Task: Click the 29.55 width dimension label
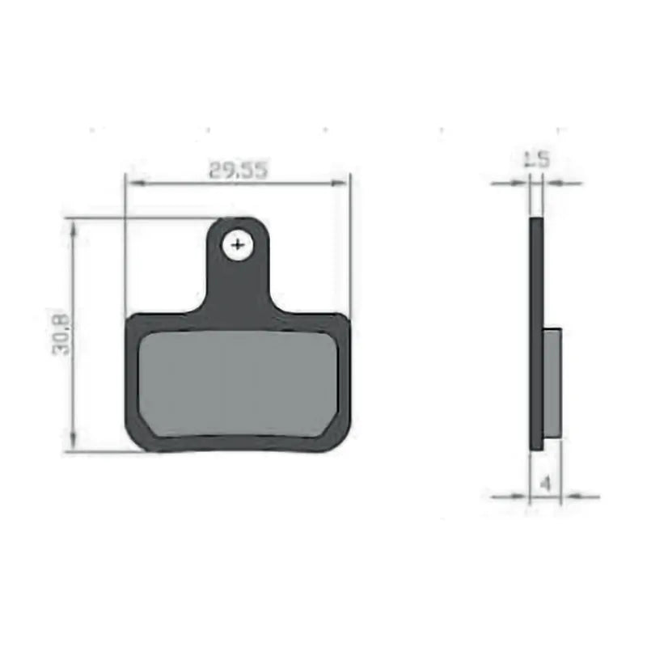(238, 171)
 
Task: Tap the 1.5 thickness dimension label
(536, 159)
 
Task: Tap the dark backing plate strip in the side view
(536, 332)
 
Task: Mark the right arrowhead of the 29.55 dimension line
(342, 184)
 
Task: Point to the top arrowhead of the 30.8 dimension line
(74, 227)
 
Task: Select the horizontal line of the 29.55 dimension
(186, 184)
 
